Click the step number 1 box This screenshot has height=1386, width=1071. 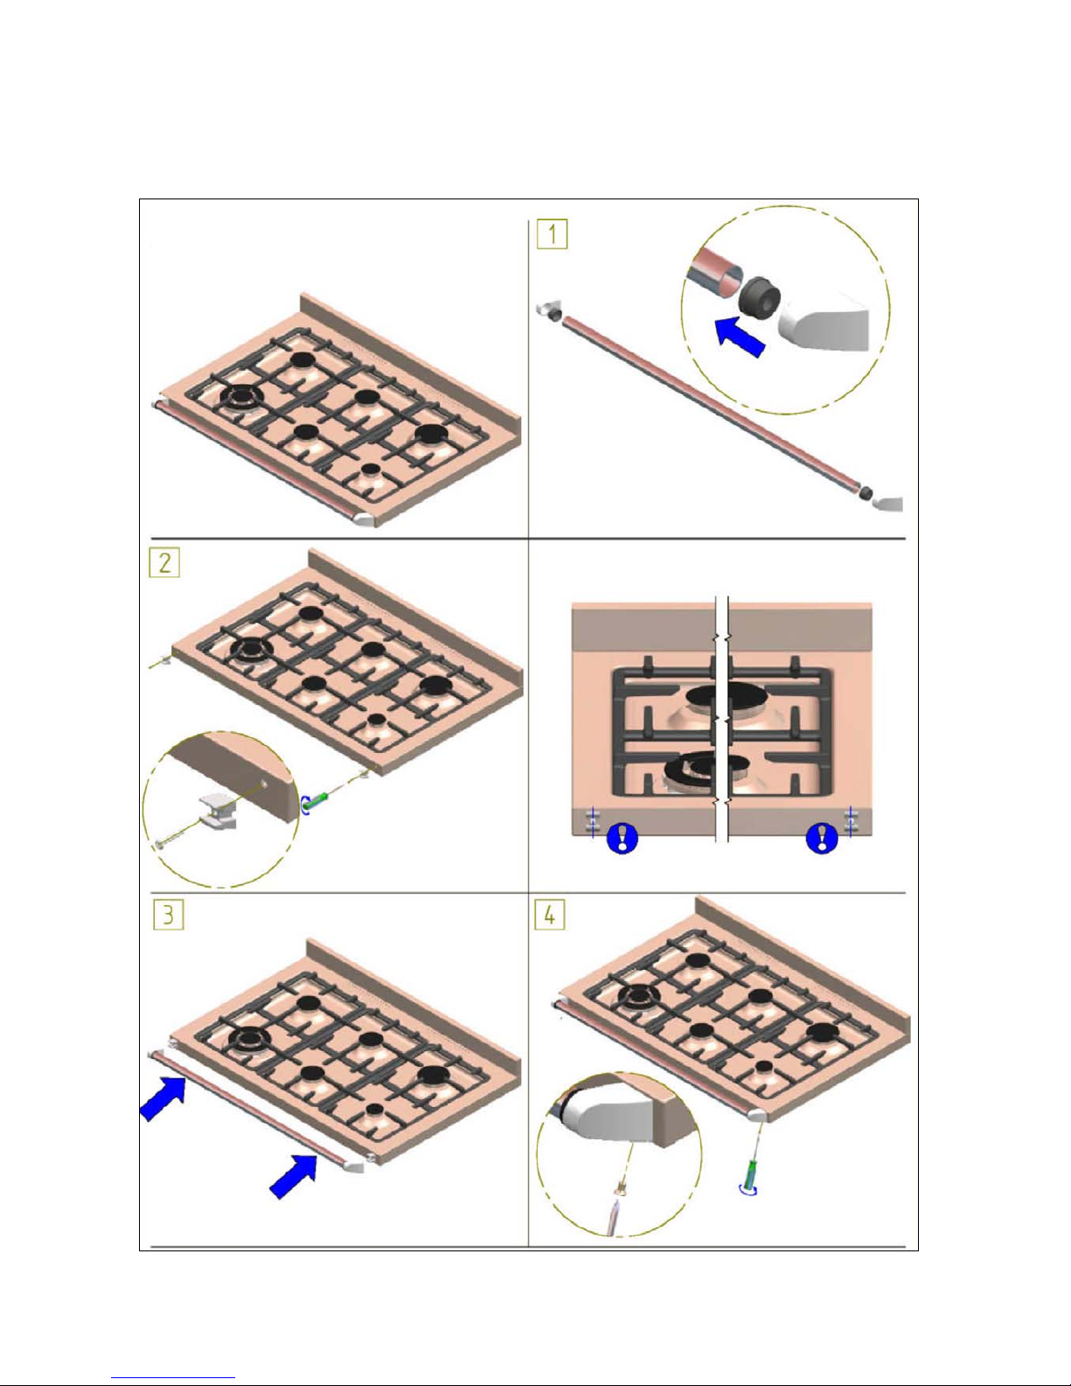[x=553, y=234]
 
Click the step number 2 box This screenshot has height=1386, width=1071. [x=164, y=561]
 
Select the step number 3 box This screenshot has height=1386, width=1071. [x=168, y=916]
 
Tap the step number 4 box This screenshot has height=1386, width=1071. [x=549, y=916]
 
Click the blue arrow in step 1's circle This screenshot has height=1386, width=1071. [x=740, y=337]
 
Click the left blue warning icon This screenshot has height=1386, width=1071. [x=622, y=839]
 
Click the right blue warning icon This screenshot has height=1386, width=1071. [x=822, y=837]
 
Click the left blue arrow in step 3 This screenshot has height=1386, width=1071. [x=163, y=1097]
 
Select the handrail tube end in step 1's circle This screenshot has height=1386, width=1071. [x=713, y=272]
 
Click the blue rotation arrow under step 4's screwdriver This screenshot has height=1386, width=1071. [x=748, y=1189]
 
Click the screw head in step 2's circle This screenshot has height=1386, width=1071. [x=160, y=844]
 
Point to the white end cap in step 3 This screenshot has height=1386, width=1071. [x=355, y=1167]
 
